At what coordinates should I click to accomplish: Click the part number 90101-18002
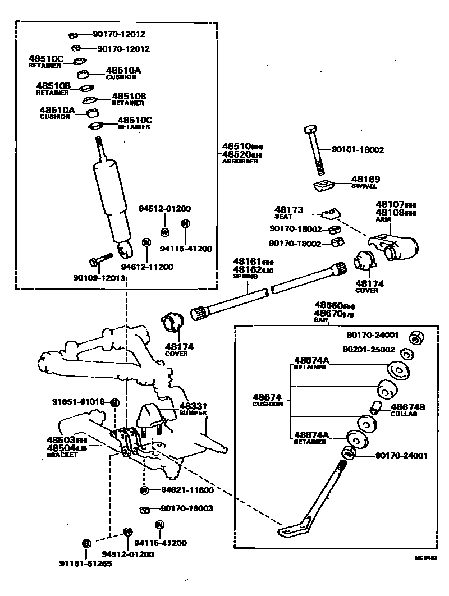[x=358, y=150]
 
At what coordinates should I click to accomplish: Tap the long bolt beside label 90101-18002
[x=314, y=152]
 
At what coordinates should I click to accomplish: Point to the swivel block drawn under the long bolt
[x=323, y=186]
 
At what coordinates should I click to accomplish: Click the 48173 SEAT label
[x=288, y=212]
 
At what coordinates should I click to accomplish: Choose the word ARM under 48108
[x=383, y=220]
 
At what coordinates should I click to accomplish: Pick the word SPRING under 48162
[x=245, y=276]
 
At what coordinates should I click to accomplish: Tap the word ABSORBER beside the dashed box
[x=240, y=161]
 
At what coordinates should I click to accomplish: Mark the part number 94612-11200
[x=147, y=267]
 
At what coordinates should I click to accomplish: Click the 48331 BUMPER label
[x=193, y=409]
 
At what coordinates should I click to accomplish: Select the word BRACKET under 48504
[x=62, y=455]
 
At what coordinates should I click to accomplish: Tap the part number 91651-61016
[x=79, y=402]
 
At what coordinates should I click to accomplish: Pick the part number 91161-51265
[x=85, y=563]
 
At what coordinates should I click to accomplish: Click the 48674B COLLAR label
[x=407, y=410]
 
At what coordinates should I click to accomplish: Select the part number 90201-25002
[x=371, y=350]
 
